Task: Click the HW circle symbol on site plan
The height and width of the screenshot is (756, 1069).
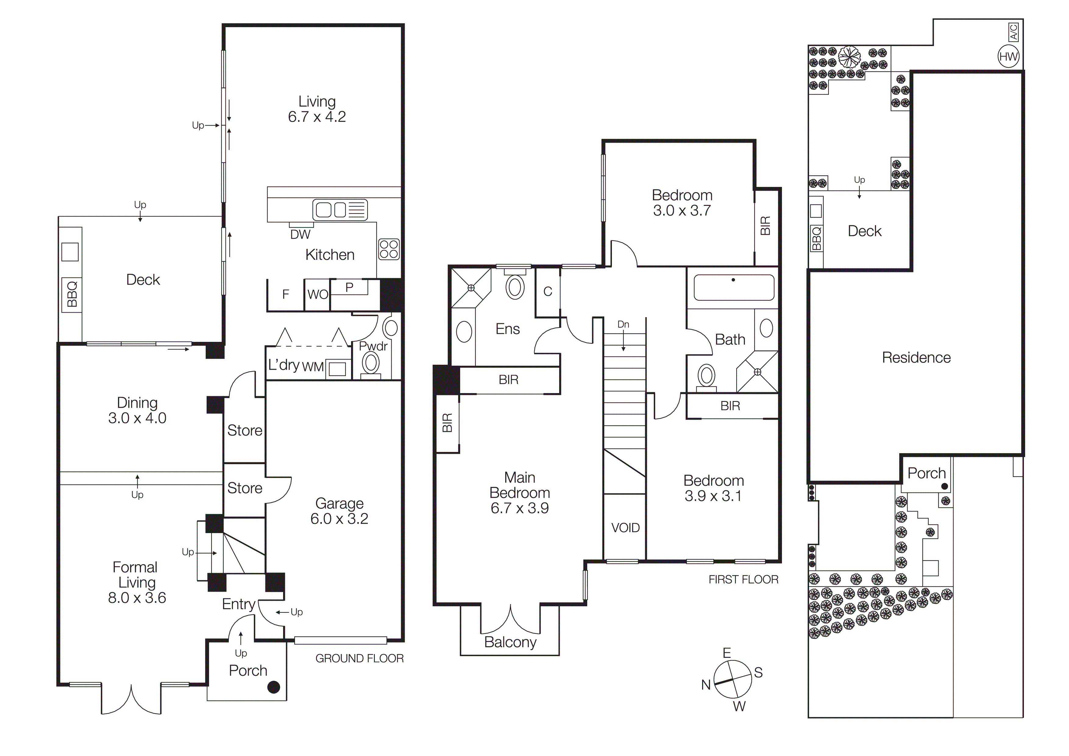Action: point(1008,56)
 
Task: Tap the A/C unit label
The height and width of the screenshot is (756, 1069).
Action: point(1014,32)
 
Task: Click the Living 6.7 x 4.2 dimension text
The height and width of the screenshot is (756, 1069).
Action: point(317,116)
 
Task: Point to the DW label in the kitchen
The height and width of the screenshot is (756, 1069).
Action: point(300,234)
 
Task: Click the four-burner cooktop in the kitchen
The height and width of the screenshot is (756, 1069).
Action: point(389,249)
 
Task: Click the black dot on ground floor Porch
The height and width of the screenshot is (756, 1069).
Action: point(274,687)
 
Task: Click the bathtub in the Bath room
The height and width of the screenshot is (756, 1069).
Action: point(734,287)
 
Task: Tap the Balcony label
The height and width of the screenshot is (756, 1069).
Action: point(510,642)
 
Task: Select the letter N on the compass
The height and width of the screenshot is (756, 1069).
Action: point(706,685)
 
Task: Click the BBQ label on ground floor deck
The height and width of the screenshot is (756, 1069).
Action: point(72,294)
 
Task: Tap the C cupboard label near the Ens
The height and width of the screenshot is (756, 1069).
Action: point(548,292)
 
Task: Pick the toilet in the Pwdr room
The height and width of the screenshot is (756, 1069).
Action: point(371,363)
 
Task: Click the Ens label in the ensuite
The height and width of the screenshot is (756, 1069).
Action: point(507,329)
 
